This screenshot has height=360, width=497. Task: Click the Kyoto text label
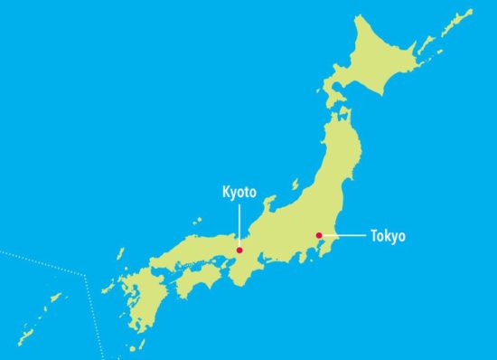239,192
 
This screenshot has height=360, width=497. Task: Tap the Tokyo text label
388,236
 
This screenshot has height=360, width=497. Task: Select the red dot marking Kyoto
239,250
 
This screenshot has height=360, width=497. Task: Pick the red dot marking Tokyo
318,236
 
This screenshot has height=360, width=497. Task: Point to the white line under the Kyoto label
239,223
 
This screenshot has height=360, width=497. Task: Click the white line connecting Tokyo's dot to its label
343,236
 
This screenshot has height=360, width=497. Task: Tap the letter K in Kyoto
226,192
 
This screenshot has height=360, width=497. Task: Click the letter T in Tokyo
374,236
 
